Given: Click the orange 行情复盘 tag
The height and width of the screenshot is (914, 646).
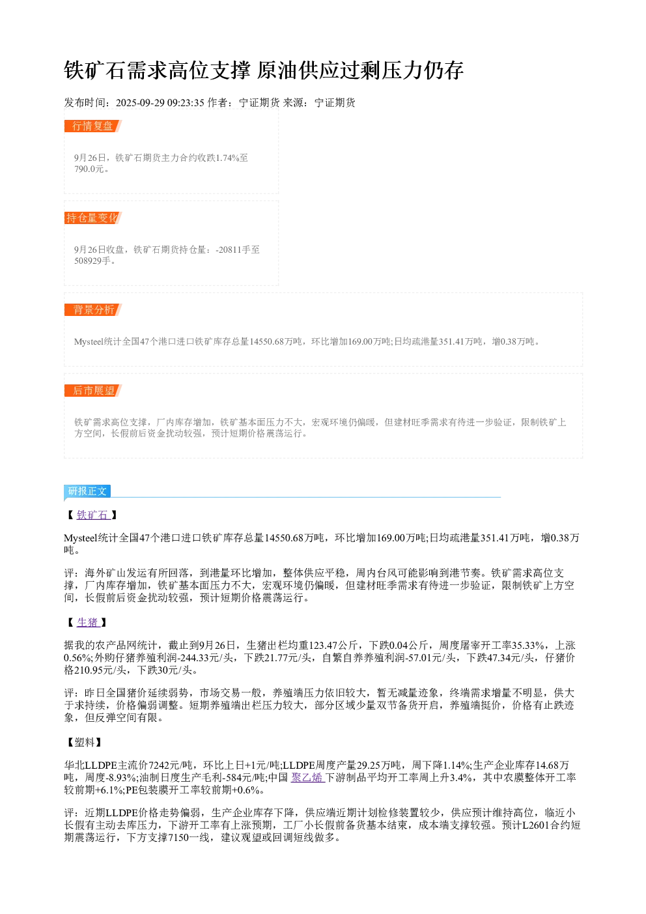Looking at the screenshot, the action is point(93,126).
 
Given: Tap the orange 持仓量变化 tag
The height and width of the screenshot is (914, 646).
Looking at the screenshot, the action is point(93,218).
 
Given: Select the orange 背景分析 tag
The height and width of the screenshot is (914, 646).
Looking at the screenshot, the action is point(93,309).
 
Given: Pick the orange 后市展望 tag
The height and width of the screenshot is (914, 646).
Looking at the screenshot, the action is point(93,390).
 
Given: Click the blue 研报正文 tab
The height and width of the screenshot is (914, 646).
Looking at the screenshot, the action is point(87,491).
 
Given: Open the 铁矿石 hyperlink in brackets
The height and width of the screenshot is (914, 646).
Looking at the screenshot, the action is point(93,515).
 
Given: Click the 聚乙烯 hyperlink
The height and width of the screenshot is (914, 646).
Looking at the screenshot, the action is point(308,777).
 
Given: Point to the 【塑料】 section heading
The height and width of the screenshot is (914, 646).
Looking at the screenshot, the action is point(85,742).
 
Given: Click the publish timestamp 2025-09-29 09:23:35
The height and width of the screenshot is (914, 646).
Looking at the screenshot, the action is point(160,102).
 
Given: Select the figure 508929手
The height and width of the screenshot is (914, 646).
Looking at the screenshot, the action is point(92,261).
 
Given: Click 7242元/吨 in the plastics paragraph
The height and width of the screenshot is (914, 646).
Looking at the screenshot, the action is point(170,765).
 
